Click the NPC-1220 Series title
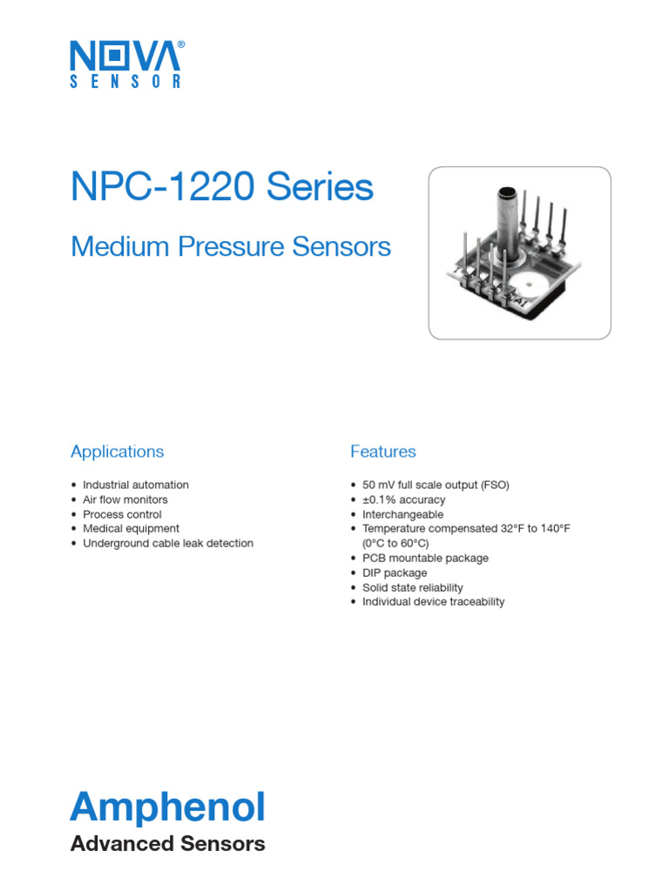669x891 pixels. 221,188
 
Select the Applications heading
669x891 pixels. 117,452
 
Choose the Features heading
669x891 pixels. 382,452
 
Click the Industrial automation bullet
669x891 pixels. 136,485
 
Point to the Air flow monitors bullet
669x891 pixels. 125,499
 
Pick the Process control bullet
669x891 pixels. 122,514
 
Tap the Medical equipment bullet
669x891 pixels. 131,528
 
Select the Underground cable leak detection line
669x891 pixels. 168,543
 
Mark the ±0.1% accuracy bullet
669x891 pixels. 403,499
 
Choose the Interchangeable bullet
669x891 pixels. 402,514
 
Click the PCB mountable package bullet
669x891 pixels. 425,558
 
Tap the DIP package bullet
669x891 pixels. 395,573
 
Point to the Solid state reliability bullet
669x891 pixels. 413,587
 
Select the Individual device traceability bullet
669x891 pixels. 433,601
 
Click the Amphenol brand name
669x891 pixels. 167,807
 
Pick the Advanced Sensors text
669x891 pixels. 167,843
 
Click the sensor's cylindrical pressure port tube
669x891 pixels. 507,222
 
